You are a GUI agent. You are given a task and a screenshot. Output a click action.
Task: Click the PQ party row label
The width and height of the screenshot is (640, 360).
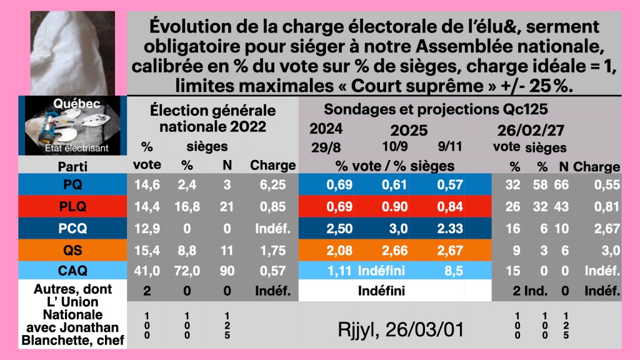click(72, 186)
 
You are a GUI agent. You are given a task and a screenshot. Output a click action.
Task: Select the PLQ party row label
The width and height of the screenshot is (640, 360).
click(72, 207)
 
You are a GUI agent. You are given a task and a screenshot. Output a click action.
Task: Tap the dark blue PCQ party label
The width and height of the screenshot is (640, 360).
click(72, 228)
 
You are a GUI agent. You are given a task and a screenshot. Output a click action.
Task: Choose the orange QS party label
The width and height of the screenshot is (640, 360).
click(72, 250)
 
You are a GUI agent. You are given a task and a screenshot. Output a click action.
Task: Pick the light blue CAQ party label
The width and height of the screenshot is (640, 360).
click(72, 271)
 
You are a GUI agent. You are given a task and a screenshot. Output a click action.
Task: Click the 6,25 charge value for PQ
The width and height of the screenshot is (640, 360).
click(272, 186)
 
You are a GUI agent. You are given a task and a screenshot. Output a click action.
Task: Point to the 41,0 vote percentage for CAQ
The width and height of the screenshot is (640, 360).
click(147, 271)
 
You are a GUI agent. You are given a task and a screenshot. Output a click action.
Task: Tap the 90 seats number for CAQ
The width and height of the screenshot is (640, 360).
click(227, 271)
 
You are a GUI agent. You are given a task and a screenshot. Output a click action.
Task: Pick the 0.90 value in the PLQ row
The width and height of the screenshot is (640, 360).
click(397, 207)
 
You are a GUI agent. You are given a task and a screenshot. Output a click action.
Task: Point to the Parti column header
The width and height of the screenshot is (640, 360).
click(72, 166)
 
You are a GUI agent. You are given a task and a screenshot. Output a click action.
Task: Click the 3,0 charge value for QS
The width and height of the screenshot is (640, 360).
click(605, 250)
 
